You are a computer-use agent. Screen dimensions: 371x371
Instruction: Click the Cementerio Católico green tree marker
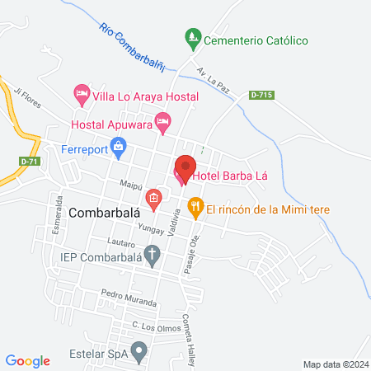tap(192, 39)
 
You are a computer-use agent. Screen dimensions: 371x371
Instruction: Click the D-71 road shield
tap(29, 161)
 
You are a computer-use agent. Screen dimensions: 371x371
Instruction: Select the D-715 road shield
tap(260, 96)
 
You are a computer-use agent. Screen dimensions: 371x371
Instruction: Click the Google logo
tap(28, 359)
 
